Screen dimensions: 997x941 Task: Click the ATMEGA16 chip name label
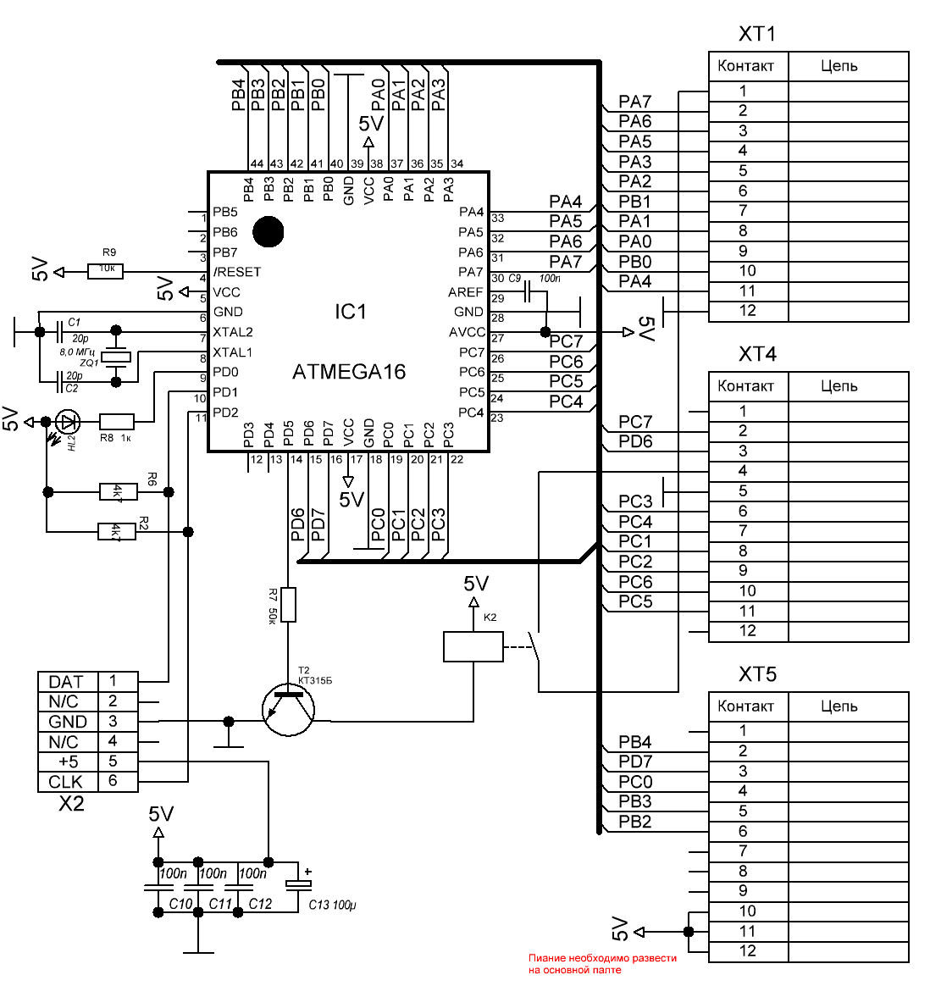348,372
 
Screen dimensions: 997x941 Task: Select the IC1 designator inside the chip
350,313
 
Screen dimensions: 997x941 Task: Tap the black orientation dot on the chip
268,231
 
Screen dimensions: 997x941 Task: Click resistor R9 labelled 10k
106,271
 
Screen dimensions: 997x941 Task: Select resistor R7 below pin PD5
289,605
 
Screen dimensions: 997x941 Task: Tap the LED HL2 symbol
68,421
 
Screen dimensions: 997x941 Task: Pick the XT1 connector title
757,35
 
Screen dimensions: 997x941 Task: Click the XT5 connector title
757,675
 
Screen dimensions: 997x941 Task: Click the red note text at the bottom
602,964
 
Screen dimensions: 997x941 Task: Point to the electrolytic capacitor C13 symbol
298,884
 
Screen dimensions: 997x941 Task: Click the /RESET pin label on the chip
237,272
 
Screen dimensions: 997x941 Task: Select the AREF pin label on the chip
466,292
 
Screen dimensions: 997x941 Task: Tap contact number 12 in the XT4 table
747,631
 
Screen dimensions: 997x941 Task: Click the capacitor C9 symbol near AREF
529,294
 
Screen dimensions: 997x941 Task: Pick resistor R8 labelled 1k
116,421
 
